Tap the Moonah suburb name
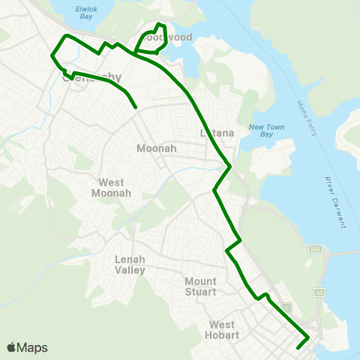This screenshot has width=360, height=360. (156, 148)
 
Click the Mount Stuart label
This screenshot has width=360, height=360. (200, 286)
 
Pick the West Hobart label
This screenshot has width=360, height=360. (222, 330)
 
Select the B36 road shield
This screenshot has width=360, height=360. (315, 249)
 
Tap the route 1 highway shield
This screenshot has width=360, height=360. (285, 307)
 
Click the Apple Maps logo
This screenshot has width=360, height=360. (27, 347)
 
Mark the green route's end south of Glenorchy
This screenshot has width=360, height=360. (136, 107)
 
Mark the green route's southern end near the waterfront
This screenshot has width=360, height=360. (298, 347)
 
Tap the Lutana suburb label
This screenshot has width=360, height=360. (218, 133)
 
